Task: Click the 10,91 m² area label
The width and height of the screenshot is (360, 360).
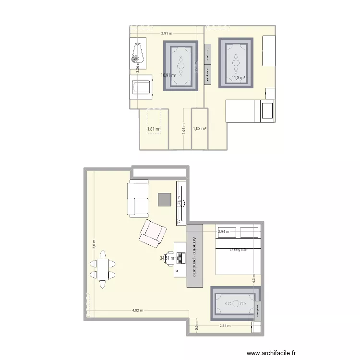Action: [x=168, y=75]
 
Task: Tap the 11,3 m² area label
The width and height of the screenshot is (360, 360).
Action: [x=238, y=78]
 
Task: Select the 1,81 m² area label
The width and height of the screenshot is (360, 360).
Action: [x=154, y=129]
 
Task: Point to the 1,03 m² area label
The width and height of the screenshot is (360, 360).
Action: [x=199, y=129]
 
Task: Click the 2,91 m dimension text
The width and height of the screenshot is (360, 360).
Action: [x=167, y=34]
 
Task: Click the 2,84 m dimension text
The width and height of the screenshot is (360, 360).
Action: [x=225, y=326]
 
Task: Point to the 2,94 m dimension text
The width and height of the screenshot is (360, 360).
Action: [x=224, y=232]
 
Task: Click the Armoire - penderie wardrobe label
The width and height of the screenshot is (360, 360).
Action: [x=195, y=256]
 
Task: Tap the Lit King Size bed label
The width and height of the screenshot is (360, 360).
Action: [x=238, y=250]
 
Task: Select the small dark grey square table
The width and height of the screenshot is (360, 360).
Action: [x=164, y=200]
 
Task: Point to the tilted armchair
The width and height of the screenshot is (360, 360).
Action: [x=153, y=233]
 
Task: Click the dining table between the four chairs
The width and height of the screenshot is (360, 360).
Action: [x=102, y=269]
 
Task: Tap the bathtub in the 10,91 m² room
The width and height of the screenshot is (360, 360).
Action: [x=141, y=88]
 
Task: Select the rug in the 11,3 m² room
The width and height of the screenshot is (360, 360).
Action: [x=236, y=62]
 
